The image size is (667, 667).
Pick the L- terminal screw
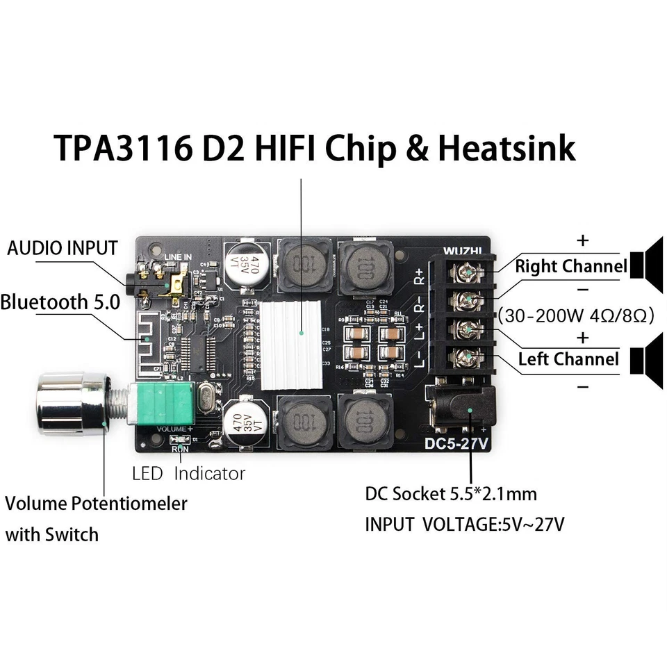[x=461, y=358]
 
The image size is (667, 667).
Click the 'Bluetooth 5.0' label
[x=60, y=302]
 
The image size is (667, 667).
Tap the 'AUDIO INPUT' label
[x=62, y=248]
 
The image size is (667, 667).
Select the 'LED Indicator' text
[x=188, y=474]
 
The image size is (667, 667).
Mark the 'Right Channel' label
[x=570, y=266]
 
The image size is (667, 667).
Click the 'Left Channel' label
[x=568, y=359]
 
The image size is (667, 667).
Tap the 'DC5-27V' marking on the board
[x=458, y=445]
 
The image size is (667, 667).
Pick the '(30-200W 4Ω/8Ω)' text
[x=576, y=315]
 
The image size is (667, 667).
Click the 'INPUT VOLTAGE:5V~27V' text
[x=464, y=523]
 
